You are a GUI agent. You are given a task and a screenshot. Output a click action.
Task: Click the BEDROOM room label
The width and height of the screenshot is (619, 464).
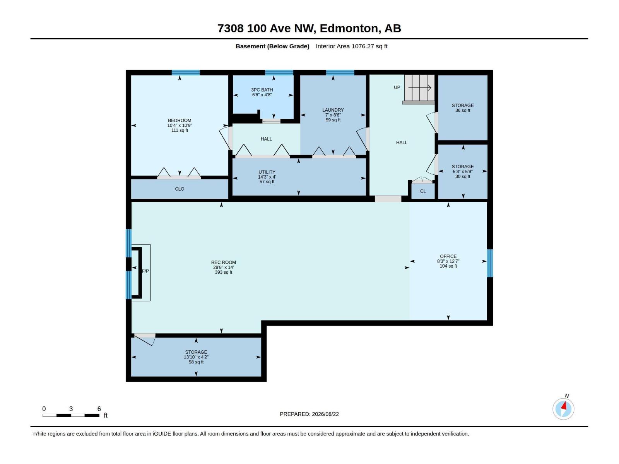(x=180, y=120)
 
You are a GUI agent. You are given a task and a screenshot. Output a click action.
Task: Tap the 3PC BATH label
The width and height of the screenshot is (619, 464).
(x=262, y=90)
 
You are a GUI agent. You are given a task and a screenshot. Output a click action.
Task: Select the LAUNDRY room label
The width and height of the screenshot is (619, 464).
(x=333, y=110)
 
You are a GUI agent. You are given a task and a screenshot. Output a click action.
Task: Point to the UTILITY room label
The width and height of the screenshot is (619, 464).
(x=267, y=172)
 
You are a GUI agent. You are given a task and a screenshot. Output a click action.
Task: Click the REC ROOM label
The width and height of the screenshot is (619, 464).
(x=223, y=262)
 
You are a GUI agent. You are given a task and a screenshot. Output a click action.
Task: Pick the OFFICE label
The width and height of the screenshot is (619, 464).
(x=448, y=256)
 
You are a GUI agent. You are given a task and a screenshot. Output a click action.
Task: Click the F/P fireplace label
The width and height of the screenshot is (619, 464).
(x=145, y=271)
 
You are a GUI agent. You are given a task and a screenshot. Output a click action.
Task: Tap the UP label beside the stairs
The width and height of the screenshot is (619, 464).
(x=397, y=87)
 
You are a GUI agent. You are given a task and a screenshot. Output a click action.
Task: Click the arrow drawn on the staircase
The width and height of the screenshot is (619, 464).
(x=420, y=88)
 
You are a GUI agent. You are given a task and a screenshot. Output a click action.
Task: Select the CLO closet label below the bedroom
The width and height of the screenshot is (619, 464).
(x=180, y=189)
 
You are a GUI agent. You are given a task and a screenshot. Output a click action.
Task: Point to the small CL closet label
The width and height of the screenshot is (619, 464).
(x=423, y=191)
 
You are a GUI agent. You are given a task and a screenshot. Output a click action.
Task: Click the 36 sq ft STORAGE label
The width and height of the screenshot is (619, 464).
(x=462, y=105)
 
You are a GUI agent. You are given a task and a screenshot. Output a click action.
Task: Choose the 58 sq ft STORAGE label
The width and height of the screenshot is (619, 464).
(x=196, y=352)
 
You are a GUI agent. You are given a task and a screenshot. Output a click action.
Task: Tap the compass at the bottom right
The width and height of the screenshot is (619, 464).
(x=563, y=409)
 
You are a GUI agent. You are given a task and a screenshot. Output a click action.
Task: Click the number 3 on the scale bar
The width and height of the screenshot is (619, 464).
(x=71, y=409)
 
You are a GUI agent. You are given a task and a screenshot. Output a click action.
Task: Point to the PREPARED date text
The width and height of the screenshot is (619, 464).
(x=309, y=414)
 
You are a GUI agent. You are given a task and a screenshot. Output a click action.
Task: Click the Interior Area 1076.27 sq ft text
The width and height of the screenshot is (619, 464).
(x=351, y=46)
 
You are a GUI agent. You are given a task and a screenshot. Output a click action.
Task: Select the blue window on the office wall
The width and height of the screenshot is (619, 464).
(x=490, y=263)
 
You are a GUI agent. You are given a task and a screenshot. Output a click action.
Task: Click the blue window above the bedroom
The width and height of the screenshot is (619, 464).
(x=186, y=73)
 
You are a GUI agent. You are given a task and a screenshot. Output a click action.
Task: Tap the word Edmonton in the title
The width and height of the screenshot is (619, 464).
(x=349, y=28)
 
